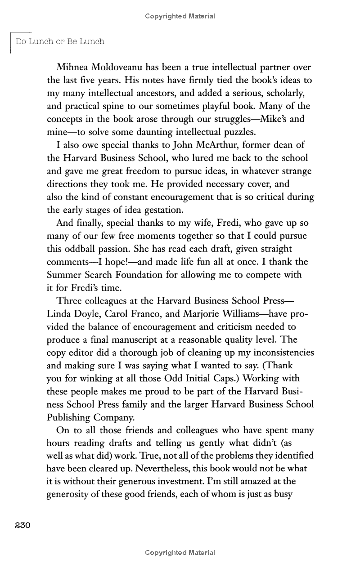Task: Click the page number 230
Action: (22, 525)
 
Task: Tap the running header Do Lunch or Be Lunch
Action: (60, 41)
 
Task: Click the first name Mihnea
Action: (73, 67)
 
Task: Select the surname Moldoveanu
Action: (120, 67)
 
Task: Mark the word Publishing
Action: (70, 417)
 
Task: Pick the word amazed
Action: (243, 481)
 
